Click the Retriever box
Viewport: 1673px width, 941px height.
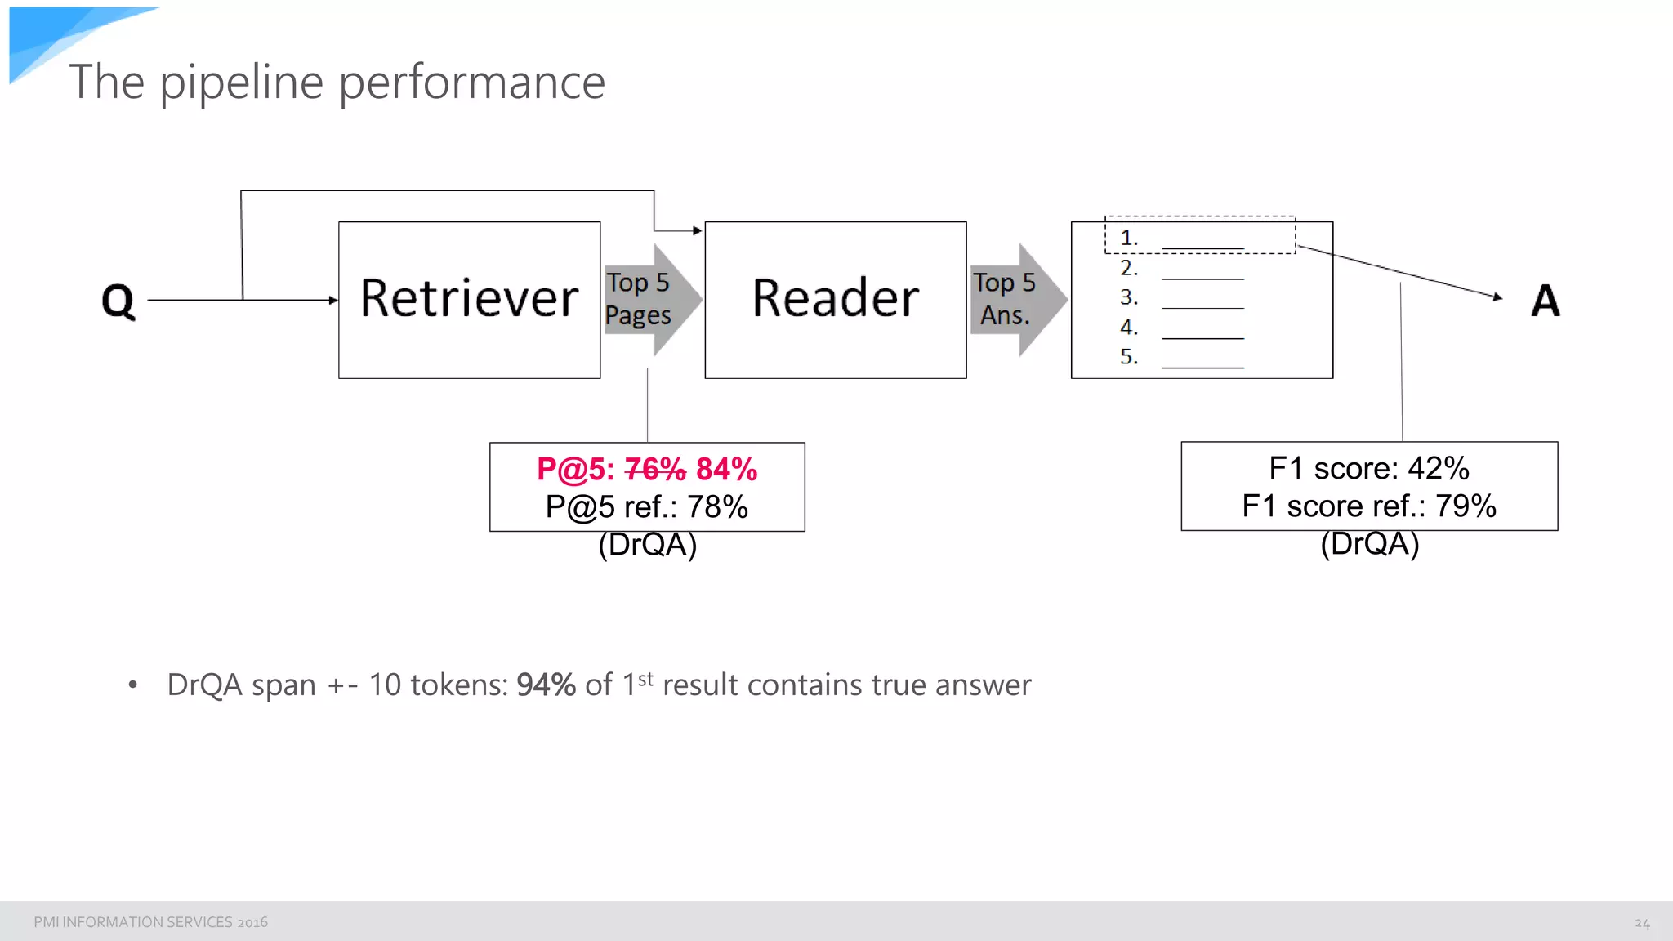click(x=469, y=299)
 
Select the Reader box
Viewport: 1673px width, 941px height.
click(x=835, y=299)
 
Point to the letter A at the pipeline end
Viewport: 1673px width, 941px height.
click(x=1545, y=301)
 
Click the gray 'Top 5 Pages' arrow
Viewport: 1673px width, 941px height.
click(x=651, y=300)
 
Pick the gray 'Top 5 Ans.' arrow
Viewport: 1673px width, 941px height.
click(x=1017, y=300)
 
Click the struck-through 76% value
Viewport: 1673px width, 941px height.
click(x=655, y=470)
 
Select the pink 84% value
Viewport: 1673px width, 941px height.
click(x=726, y=470)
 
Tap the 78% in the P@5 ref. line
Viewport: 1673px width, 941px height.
click(x=716, y=507)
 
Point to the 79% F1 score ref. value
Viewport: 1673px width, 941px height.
click(x=1466, y=506)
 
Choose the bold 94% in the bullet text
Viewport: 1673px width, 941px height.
click(x=546, y=685)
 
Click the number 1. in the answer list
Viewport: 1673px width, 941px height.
click(x=1129, y=238)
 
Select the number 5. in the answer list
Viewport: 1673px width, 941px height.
click(x=1129, y=357)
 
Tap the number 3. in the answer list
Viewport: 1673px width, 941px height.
click(x=1129, y=297)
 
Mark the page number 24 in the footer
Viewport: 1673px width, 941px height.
click(x=1642, y=923)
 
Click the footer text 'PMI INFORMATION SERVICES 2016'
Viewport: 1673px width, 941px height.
click(x=150, y=922)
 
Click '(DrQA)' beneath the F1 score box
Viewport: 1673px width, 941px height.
click(x=1369, y=544)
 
